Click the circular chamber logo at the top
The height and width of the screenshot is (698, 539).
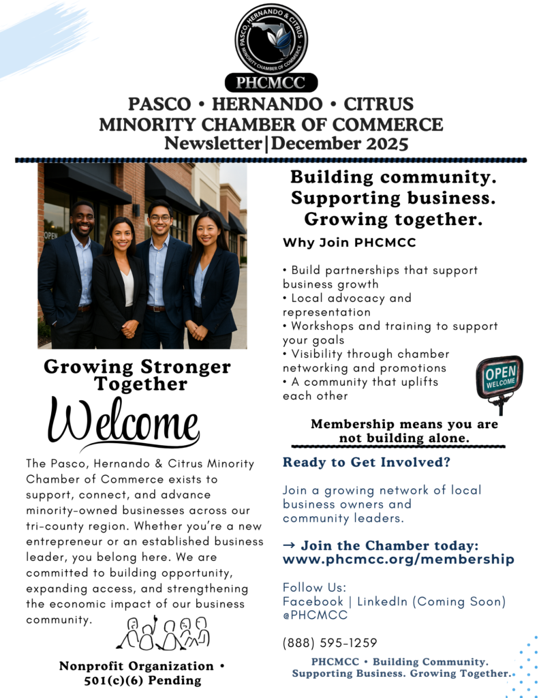pyautogui.click(x=271, y=39)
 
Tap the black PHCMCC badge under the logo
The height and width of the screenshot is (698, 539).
pyautogui.click(x=271, y=83)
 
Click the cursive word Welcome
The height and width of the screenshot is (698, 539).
pyautogui.click(x=123, y=421)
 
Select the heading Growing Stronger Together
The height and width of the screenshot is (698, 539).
pyautogui.click(x=137, y=375)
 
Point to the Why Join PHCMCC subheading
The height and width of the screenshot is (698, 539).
pyautogui.click(x=349, y=243)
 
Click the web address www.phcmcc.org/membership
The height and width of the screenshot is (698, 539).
pyautogui.click(x=398, y=559)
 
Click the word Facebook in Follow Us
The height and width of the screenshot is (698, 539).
pyautogui.click(x=313, y=601)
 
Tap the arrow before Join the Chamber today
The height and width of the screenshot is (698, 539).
pyautogui.click(x=289, y=546)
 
